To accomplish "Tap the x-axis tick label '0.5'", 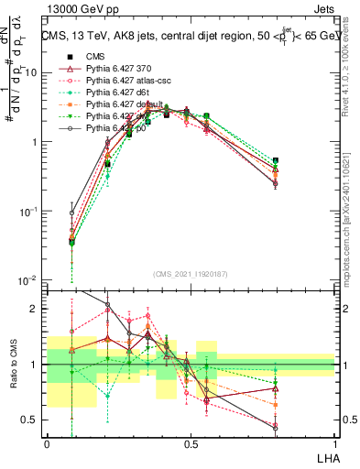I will [x=191, y=443].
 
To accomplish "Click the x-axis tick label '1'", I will [x=334, y=443].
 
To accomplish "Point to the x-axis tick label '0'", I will [x=47, y=443].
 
